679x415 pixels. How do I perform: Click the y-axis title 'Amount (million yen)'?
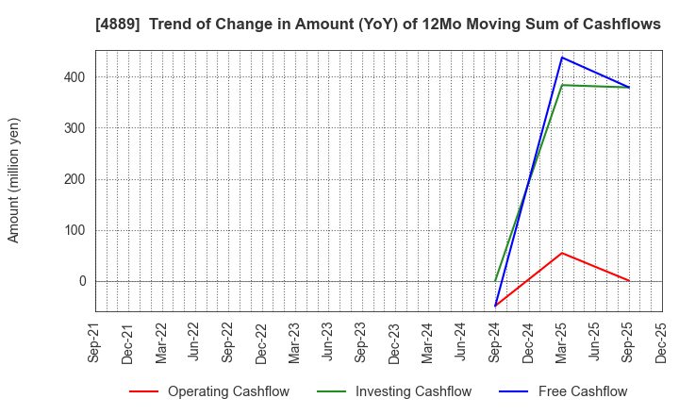pos(14,180)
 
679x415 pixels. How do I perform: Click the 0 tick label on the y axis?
pos(82,281)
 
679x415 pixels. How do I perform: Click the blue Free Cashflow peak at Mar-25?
pos(562,58)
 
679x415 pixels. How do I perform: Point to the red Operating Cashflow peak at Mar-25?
pos(562,253)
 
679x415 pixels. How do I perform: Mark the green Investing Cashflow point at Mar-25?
pos(562,85)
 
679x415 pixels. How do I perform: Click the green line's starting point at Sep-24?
pos(495,281)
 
